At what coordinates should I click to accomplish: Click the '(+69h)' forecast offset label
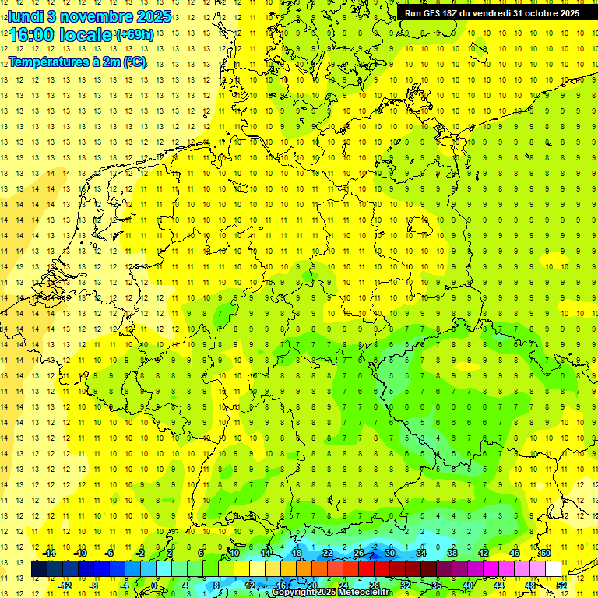click(134, 35)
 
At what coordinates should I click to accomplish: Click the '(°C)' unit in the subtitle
click(133, 62)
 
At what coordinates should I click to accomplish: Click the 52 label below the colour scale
click(561, 585)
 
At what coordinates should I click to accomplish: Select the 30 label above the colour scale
click(390, 553)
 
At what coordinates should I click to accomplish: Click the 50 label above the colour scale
click(546, 553)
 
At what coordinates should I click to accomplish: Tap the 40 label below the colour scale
click(467, 585)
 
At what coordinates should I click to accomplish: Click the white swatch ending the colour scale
click(553, 569)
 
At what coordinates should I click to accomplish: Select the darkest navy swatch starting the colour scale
click(39, 569)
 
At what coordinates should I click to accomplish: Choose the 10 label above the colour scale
click(234, 553)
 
